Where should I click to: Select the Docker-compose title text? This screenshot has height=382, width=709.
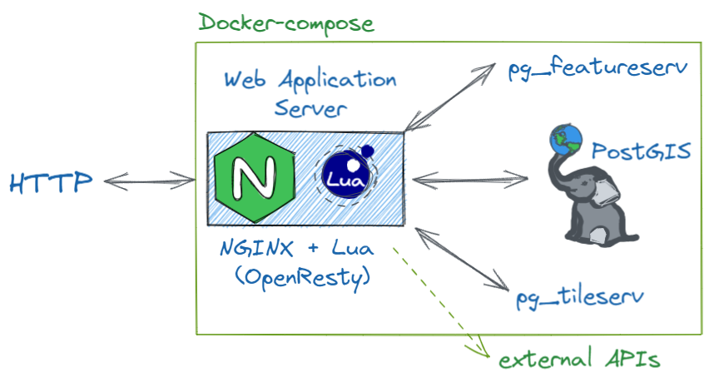click(x=285, y=22)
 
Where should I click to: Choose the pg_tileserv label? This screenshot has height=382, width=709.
click(x=579, y=295)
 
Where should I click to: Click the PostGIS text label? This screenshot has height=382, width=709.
click(x=642, y=152)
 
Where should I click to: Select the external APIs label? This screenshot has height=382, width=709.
click(x=579, y=359)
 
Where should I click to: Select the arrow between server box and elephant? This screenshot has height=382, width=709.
click(x=470, y=178)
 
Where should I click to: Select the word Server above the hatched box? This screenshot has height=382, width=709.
click(x=310, y=108)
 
